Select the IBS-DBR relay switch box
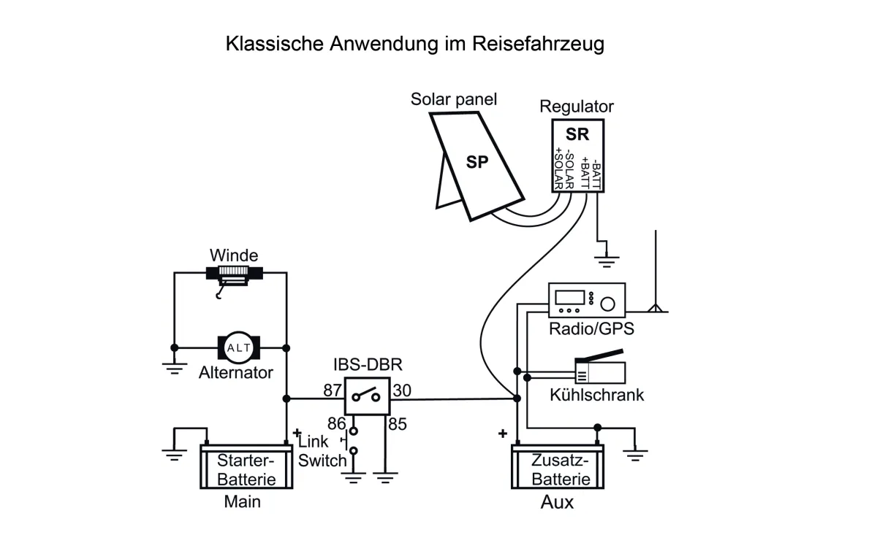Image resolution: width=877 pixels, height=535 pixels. coord(365,398)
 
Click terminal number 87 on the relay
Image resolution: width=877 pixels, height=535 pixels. coord(333,390)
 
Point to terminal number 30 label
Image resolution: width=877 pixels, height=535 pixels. coord(401,390)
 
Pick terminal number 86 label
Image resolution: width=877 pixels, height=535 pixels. coord(336,423)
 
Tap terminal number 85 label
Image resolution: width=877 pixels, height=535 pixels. coord(398,423)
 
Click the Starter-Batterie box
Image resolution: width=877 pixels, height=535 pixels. coord(247,469)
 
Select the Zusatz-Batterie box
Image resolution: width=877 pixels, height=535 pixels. coord(560,469)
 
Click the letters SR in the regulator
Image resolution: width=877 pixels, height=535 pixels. coord(577,134)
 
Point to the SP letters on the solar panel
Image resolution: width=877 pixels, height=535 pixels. coord(477,162)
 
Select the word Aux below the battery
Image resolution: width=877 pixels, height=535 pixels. coord(557,503)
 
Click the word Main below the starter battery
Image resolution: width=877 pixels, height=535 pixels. coord(242,502)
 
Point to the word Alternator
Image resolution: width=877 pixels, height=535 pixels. coord(235,373)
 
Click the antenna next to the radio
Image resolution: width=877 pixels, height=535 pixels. coord(657,277)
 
